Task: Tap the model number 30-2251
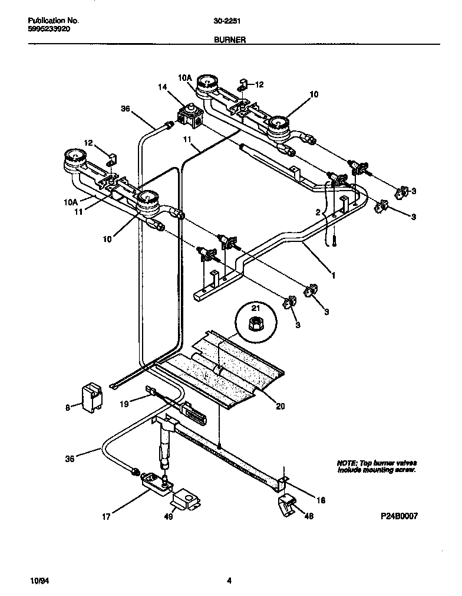click(226, 20)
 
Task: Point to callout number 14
click(163, 87)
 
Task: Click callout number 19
click(125, 404)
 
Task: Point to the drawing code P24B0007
click(399, 515)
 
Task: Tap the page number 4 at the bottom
click(230, 581)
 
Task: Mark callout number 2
click(318, 212)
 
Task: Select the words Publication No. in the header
click(54, 20)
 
